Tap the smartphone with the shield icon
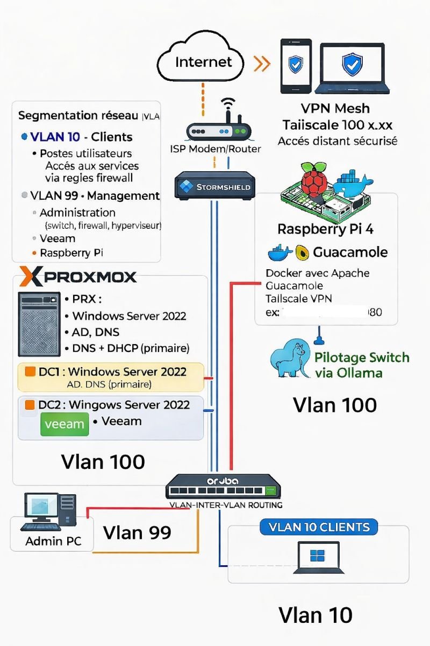click(x=296, y=68)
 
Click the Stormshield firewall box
click(x=214, y=186)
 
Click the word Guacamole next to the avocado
click(x=350, y=252)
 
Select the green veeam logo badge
click(x=64, y=424)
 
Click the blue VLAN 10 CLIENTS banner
click(x=319, y=527)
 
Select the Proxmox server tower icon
click(x=39, y=325)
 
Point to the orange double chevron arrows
click(x=262, y=64)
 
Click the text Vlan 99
click(x=137, y=532)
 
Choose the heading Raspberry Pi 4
click(x=325, y=229)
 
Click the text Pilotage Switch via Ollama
click(x=361, y=365)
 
